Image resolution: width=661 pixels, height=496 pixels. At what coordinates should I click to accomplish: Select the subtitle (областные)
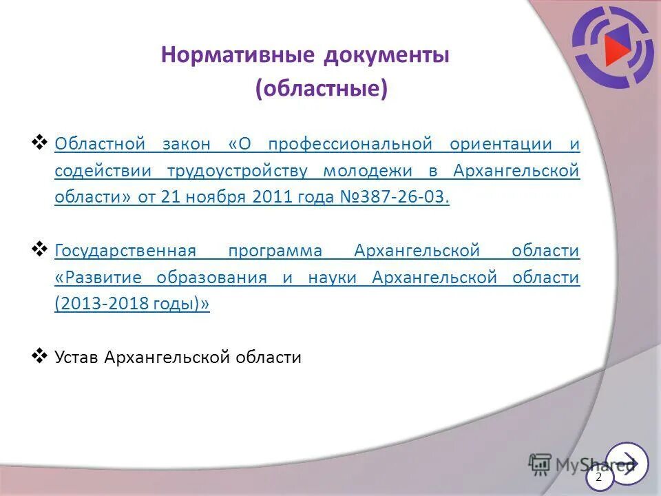click(x=321, y=90)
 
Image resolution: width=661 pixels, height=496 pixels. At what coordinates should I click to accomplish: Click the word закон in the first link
click(x=187, y=145)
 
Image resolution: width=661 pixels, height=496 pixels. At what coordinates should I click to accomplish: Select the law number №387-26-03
click(x=395, y=197)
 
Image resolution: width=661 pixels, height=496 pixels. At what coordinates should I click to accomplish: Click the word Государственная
click(x=125, y=251)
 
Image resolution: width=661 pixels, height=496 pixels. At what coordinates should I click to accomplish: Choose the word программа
click(x=274, y=251)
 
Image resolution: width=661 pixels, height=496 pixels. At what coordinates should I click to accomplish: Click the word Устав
click(x=77, y=358)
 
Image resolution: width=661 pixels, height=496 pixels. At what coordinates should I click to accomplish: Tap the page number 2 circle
click(x=598, y=477)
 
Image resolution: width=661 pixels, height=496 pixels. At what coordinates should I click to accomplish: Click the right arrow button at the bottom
click(x=627, y=462)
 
